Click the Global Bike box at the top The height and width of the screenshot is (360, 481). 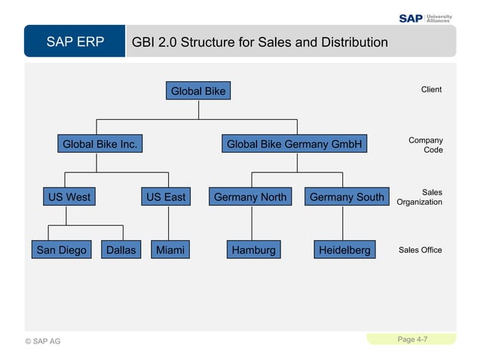pos(198,91)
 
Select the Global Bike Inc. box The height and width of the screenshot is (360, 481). pos(100,143)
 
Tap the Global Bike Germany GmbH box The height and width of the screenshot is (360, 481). pos(294,143)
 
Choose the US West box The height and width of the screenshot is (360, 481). pos(69,197)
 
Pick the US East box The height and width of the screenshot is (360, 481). pos(165,197)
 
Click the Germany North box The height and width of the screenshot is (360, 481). pos(250,197)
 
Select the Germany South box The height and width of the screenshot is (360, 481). pos(346,197)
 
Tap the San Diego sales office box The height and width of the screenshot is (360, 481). pos(62,249)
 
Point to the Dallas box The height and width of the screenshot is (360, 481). pos(121,249)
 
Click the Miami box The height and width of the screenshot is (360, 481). pos(169,249)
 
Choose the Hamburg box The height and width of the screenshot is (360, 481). pos(253,249)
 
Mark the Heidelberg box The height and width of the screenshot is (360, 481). pos(345,249)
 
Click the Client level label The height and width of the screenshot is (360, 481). pos(431,90)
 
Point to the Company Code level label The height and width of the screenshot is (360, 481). pos(426,145)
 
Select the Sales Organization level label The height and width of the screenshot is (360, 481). pos(420,197)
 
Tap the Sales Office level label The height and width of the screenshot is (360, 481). pos(420,249)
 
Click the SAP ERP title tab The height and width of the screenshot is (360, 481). pos(75,41)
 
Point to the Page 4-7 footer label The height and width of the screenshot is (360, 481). pos(412,340)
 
